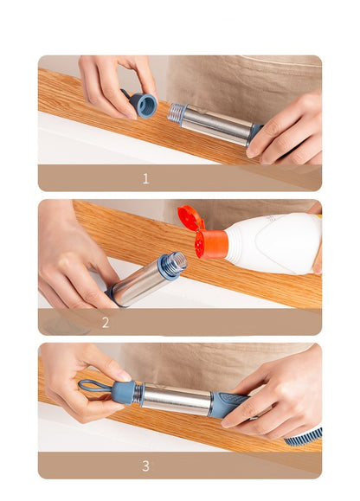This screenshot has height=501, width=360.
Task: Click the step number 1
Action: click(x=145, y=179)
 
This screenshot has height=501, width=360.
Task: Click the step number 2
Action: click(x=106, y=323)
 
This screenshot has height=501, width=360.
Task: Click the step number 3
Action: click(x=145, y=466)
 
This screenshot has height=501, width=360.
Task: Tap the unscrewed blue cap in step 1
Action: click(x=144, y=105)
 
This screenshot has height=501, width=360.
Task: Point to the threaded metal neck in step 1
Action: click(x=178, y=113)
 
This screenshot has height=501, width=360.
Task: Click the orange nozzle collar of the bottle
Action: click(x=212, y=243)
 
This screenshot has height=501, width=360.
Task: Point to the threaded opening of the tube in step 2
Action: click(x=173, y=264)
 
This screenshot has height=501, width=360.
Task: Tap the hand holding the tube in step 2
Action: click(x=74, y=260)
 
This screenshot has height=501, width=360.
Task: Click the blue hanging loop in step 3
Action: click(x=93, y=386)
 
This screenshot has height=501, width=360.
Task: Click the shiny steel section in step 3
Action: click(x=177, y=399)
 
